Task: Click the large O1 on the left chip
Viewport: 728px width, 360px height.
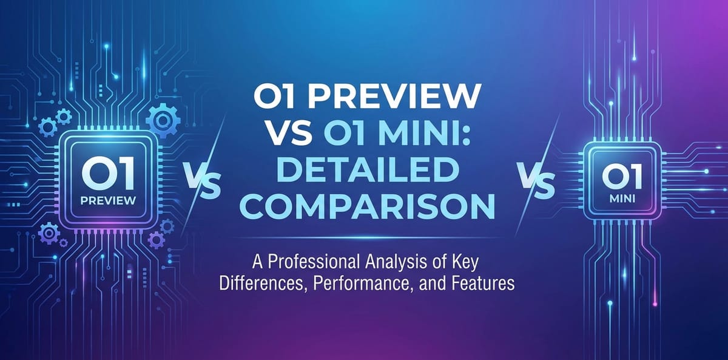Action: (106, 172)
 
